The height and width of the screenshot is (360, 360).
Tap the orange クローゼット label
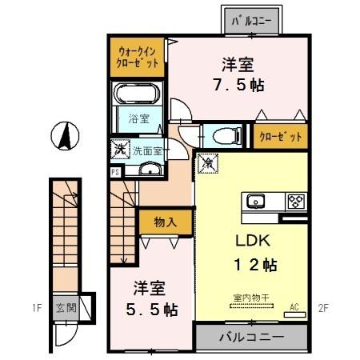[x=281, y=137]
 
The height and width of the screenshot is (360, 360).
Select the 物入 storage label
[x=165, y=222]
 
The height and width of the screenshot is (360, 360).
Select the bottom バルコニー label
[x=251, y=337]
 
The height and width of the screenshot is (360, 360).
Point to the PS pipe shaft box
[x=115, y=170]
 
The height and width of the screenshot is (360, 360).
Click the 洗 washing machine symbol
[x=119, y=148]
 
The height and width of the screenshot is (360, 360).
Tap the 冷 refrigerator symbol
[x=207, y=160]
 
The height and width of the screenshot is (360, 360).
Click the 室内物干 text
[x=250, y=298]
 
